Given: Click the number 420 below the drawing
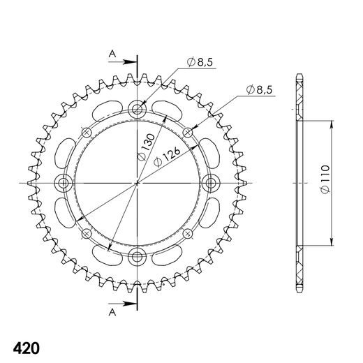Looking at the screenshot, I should tap(26, 329).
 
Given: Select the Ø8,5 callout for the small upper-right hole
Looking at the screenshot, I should tap(260, 89).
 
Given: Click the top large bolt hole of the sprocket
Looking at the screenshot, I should tap(138, 108).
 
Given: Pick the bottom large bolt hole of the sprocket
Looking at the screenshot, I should tap(138, 257).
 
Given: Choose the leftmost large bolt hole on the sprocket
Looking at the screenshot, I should tap(64, 183).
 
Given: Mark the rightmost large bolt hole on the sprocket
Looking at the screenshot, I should tap(212, 183).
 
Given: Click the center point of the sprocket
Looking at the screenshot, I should tap(138, 183).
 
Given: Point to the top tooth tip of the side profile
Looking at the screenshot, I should tap(299, 75).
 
